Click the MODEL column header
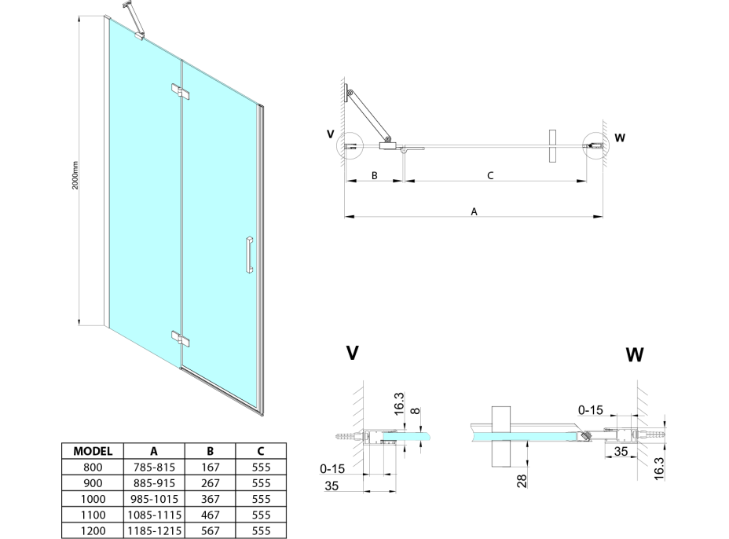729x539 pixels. (93, 451)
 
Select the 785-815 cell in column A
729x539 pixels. (153, 467)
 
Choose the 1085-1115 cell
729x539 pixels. (153, 515)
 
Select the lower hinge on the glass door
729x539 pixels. (181, 339)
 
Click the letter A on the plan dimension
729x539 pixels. (474, 211)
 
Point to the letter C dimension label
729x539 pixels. (490, 176)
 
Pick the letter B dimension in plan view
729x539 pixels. (374, 176)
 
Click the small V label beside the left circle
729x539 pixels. (330, 134)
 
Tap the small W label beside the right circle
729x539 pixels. (620, 139)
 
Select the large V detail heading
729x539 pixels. (353, 353)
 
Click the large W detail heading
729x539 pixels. (635, 355)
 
